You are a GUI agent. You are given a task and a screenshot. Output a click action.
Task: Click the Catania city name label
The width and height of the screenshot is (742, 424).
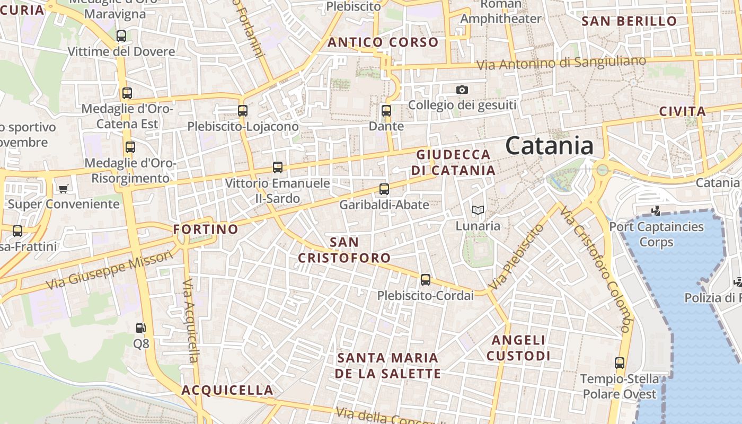point(549,145)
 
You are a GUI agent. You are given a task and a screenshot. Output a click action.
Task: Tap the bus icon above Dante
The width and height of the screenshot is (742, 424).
point(386,111)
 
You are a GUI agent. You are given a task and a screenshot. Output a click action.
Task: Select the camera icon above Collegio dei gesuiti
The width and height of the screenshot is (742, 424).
point(462,90)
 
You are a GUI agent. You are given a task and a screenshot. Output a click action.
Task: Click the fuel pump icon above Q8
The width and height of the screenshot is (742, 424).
point(140,329)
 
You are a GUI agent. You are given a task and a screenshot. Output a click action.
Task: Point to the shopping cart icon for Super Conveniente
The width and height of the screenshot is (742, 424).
point(64,189)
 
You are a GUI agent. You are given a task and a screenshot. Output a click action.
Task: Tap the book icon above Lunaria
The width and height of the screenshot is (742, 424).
point(478,210)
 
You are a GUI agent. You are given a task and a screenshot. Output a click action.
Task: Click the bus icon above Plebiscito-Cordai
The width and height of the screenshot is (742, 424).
point(426,280)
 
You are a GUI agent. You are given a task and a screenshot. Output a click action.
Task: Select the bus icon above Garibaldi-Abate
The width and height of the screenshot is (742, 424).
point(384,189)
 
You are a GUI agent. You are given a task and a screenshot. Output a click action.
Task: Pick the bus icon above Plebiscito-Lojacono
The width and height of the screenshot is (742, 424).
point(243,111)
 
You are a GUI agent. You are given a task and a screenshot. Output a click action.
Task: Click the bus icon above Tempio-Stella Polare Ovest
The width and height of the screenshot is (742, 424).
point(620,363)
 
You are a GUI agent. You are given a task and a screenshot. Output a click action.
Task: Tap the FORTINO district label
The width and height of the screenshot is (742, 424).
point(206,229)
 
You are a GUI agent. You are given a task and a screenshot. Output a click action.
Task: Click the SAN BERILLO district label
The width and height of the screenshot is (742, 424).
point(629,21)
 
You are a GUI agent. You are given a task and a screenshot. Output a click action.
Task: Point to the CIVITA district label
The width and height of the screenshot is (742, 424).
point(683,112)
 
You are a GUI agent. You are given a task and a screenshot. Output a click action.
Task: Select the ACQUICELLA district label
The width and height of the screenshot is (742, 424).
point(227,391)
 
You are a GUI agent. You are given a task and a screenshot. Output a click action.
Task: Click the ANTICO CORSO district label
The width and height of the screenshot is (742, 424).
point(383,42)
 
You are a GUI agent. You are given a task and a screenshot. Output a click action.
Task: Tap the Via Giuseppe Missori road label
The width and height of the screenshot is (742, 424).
point(110,271)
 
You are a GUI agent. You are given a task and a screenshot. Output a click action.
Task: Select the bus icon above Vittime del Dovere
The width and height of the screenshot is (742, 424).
point(121,36)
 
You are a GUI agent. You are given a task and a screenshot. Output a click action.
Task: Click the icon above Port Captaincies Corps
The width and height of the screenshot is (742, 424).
point(656,210)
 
